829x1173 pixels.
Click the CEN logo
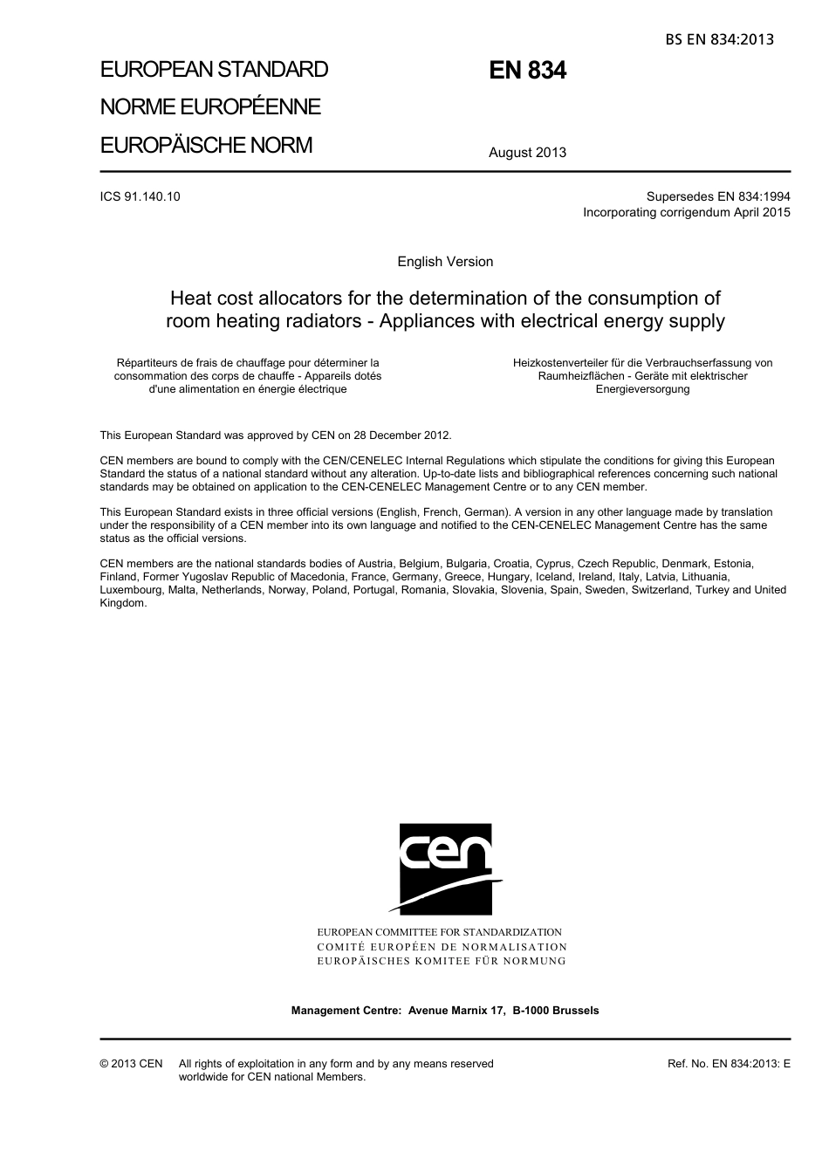click(445, 868)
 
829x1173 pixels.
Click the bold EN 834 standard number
click(527, 71)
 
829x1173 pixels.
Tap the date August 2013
click(527, 153)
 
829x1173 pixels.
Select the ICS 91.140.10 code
click(140, 196)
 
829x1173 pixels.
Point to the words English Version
click(445, 262)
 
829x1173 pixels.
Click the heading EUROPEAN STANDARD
click(214, 70)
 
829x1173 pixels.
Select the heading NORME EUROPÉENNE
click(210, 107)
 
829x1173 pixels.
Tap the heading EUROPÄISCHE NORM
click(206, 145)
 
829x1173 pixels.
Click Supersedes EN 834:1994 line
click(718, 196)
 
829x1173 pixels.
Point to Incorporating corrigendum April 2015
click(687, 212)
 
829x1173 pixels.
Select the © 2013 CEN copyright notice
click(131, 1064)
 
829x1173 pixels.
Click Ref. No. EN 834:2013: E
click(729, 1064)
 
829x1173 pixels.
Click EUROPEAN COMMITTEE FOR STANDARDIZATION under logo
click(439, 932)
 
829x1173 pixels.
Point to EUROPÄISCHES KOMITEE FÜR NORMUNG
click(442, 961)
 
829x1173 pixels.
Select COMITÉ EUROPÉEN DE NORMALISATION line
click(442, 947)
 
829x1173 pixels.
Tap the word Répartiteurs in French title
click(147, 363)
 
